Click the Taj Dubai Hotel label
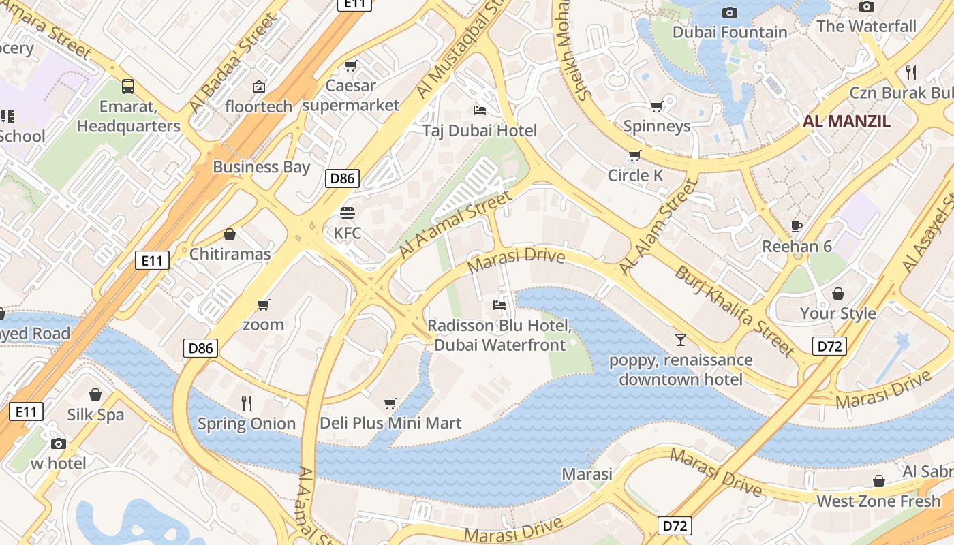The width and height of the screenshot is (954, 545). (479, 130)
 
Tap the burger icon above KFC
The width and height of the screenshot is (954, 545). (348, 213)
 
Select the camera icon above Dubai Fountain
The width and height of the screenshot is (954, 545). (729, 12)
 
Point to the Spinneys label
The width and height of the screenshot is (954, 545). (657, 126)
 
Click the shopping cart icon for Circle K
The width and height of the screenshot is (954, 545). (634, 155)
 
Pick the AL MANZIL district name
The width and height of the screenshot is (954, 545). (846, 122)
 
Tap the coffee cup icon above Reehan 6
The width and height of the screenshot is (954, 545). (797, 226)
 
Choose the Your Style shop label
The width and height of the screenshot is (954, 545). (837, 313)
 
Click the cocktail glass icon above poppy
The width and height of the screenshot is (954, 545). (680, 339)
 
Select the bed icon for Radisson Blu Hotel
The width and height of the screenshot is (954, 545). (499, 305)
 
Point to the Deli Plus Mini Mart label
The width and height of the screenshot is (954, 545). (390, 423)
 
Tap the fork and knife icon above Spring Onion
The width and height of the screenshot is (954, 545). (247, 403)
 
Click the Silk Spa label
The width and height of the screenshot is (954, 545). (95, 415)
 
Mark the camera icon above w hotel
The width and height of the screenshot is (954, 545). (59, 443)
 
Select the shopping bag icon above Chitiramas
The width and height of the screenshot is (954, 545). (230, 234)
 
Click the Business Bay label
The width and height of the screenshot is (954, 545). (261, 167)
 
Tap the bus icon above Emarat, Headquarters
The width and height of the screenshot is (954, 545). (128, 87)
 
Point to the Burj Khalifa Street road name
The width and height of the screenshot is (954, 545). (734, 311)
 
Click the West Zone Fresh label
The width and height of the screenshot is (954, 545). (878, 501)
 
